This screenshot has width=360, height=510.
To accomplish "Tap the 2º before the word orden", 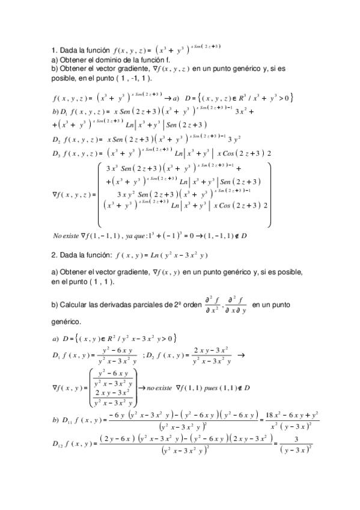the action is pyautogui.click(x=174, y=306).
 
